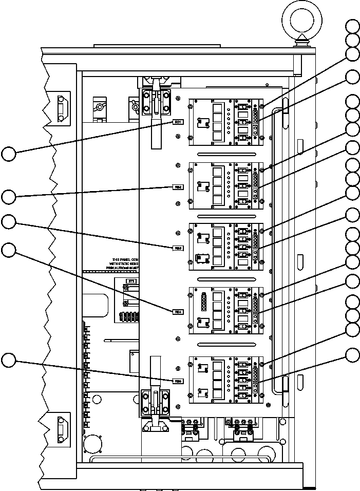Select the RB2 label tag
pyautogui.click(x=178, y=187)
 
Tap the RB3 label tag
pyautogui.click(x=178, y=248)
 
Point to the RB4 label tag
pyautogui.click(x=178, y=311)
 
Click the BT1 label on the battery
pyautogui.click(x=131, y=281)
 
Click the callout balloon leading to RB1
pyautogui.click(x=9, y=153)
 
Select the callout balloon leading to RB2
pyautogui.click(x=9, y=197)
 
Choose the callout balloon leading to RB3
pyautogui.click(x=9, y=222)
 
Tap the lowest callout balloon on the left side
pyautogui.click(x=9, y=361)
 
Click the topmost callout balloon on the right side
pyautogui.click(x=352, y=27)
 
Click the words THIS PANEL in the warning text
pyautogui.click(x=118, y=260)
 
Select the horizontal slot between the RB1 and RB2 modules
pyautogui.click(x=226, y=154)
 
